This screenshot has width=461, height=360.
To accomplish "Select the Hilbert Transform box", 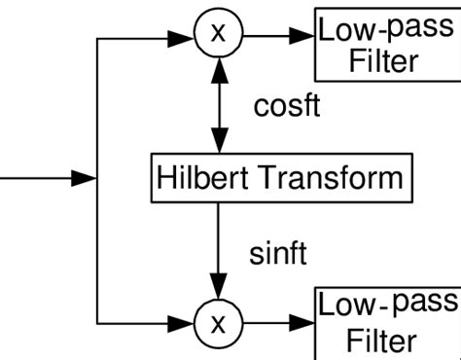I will (279, 177).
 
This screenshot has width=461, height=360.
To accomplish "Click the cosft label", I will (286, 106).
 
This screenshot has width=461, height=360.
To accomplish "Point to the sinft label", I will (278, 255).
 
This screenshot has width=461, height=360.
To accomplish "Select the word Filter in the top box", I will (385, 62).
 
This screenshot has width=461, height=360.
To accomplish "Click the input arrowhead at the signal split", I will (87, 178).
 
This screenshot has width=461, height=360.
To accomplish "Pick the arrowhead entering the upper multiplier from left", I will (186, 36).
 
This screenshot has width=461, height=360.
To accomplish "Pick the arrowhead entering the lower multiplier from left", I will (186, 320).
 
